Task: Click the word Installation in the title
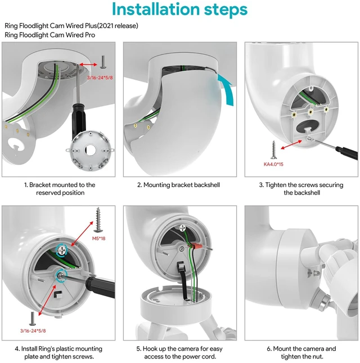point(156,9)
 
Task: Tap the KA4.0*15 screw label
point(273,164)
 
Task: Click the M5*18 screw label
point(99,238)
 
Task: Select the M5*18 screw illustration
point(98,220)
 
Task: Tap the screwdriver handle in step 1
point(79,121)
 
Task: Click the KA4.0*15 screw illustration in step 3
point(274,150)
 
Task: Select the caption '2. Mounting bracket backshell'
point(178,185)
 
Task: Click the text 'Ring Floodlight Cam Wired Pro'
point(50,35)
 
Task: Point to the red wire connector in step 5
point(195,246)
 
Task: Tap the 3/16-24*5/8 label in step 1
point(100,78)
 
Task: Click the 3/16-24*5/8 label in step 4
point(33,331)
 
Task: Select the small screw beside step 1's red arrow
point(103,62)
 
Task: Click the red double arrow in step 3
point(291,145)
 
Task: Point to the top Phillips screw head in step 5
point(183,228)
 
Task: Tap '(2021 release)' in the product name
point(118,26)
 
